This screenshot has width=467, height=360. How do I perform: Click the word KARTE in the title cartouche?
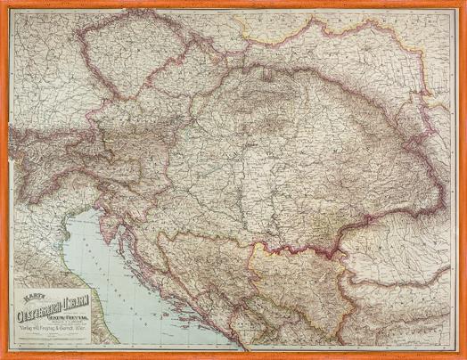[33, 289]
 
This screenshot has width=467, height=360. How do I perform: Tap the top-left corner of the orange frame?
[3, 3]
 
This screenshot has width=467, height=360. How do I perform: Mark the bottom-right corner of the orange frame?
[463, 356]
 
